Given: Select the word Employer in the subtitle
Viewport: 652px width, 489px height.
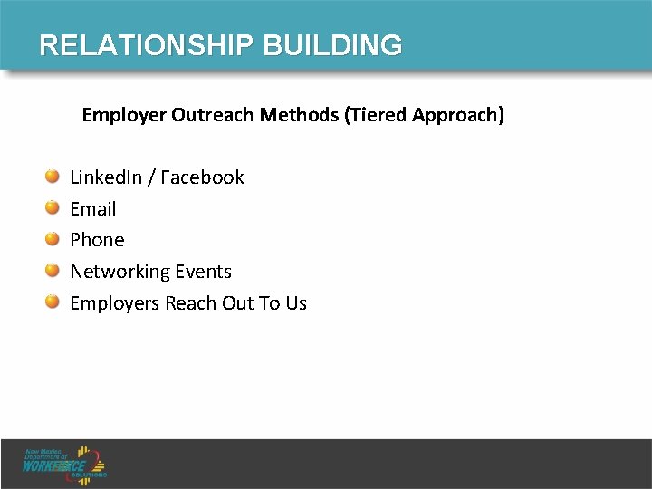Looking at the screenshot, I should point(120,116).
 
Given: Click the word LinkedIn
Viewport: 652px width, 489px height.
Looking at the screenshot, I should point(106,177).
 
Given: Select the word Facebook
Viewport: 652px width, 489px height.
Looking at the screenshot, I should point(202,177).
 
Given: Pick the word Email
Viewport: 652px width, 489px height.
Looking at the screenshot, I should point(93,209).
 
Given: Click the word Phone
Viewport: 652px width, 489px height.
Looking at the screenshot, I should point(97,240).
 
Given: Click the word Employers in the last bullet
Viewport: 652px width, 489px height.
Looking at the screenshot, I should point(115,303).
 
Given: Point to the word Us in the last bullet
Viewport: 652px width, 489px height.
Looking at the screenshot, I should point(296,303).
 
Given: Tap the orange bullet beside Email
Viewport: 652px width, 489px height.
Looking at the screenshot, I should point(53,207).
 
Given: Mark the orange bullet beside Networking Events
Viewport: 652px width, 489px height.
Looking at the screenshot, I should point(53,270).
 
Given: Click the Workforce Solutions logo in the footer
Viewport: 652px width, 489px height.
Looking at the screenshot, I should point(66,463).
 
